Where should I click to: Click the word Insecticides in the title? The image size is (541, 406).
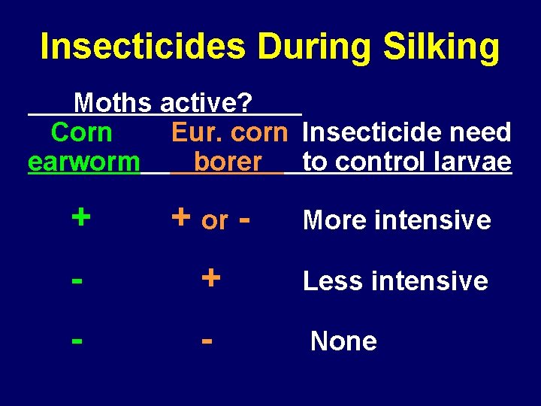pyautogui.click(x=143, y=47)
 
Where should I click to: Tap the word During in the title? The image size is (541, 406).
pyautogui.click(x=315, y=47)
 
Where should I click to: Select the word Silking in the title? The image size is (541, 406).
pyautogui.click(x=442, y=47)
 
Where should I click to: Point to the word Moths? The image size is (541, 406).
pyautogui.click(x=113, y=101)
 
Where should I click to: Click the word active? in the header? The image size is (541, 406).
pyautogui.click(x=209, y=101)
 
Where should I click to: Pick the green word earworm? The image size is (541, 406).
pyautogui.click(x=83, y=162)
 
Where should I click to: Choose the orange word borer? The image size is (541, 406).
pyautogui.click(x=228, y=162)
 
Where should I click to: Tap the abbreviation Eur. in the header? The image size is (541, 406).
pyautogui.click(x=198, y=132)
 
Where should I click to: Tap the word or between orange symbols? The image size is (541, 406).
pyautogui.click(x=215, y=221)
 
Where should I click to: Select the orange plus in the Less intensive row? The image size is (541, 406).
pyautogui.click(x=211, y=278)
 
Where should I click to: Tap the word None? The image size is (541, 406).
pyautogui.click(x=343, y=341)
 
